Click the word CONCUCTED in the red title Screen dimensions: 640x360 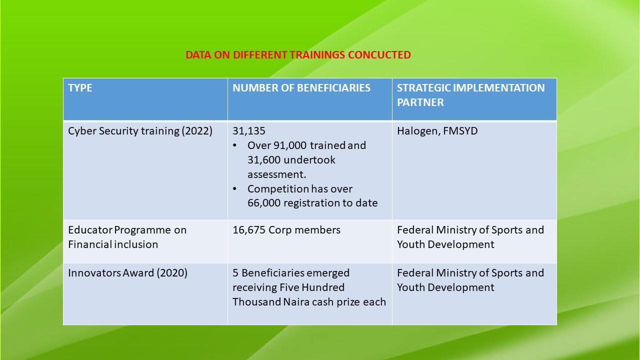click(x=379, y=55)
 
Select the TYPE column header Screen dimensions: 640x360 click(x=80, y=88)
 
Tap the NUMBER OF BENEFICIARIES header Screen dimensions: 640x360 click(x=301, y=88)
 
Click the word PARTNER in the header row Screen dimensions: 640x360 click(x=420, y=102)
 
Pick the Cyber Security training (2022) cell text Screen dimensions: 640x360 click(x=140, y=131)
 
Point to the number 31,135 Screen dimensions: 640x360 click(x=249, y=131)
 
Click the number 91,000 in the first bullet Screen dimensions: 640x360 click(x=290, y=145)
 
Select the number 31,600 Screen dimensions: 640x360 click(x=264, y=160)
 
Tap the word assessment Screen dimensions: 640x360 click(x=276, y=174)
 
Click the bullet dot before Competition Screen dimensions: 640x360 click(x=234, y=189)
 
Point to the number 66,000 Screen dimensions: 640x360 click(x=264, y=203)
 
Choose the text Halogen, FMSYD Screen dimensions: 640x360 click(x=437, y=131)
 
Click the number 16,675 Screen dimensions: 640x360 click(x=249, y=230)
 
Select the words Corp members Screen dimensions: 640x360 click(x=304, y=230)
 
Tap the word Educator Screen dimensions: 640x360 click(x=90, y=230)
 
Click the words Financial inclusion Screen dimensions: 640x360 click(x=113, y=244)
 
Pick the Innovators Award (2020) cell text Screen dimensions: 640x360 click(x=127, y=273)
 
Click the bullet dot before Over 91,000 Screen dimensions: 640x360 click(x=234, y=145)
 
